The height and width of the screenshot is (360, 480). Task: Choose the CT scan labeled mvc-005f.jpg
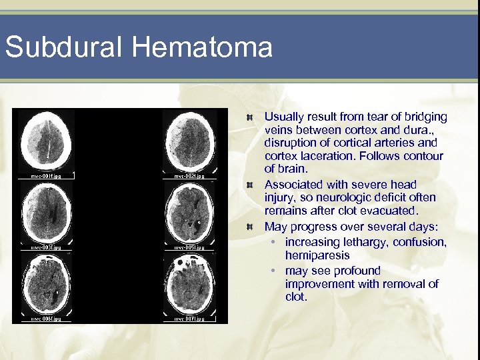pyautogui.click(x=189, y=213)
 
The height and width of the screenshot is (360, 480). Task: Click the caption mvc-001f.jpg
pyautogui.click(x=45, y=176)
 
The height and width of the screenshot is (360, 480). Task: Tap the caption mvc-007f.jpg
pyautogui.click(x=189, y=319)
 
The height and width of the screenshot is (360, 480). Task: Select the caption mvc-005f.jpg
pyautogui.click(x=189, y=247)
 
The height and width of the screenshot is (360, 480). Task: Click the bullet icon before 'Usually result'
pyautogui.click(x=248, y=117)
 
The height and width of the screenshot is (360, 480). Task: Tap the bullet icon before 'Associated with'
pyautogui.click(x=248, y=185)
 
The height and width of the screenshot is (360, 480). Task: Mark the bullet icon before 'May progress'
pyautogui.click(x=248, y=227)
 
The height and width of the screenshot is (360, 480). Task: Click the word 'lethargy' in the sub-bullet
pyautogui.click(x=364, y=242)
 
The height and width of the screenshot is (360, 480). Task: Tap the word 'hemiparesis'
pyautogui.click(x=317, y=255)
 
